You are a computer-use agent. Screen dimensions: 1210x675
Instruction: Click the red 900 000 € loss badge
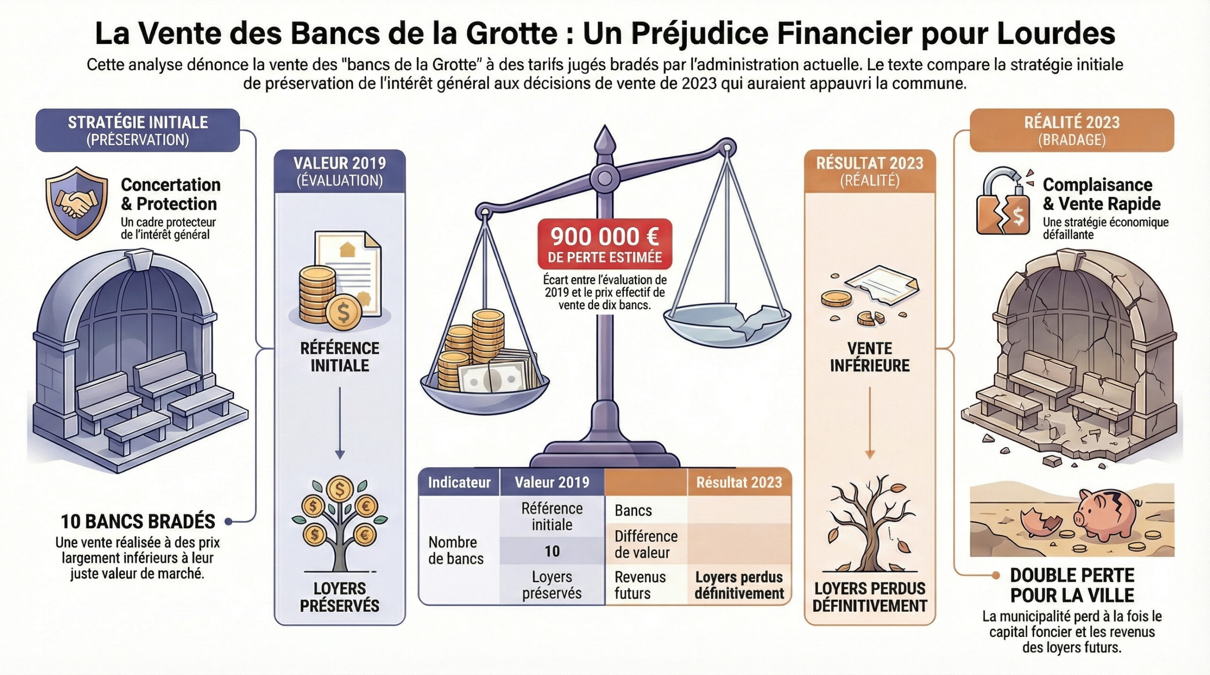click(x=605, y=244)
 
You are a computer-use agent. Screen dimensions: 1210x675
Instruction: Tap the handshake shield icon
click(x=77, y=203)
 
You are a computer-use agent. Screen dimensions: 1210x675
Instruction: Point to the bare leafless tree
click(x=869, y=524)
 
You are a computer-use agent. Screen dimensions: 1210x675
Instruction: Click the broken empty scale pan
click(x=727, y=321)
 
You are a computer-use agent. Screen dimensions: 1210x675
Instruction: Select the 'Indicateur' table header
click(x=459, y=482)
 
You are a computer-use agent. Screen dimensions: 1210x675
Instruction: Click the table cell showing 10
click(x=552, y=551)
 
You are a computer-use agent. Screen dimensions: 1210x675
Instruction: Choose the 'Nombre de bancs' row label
click(x=456, y=550)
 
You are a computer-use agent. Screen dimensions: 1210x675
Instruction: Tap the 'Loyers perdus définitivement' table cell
click(x=739, y=585)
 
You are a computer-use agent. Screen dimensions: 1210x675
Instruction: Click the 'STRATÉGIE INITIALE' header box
click(x=138, y=130)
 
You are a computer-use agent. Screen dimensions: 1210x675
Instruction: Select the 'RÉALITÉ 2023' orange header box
click(x=1072, y=130)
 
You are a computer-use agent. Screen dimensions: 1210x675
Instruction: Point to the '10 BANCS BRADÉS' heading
click(x=138, y=521)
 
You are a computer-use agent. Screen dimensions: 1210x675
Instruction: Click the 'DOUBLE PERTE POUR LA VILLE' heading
click(x=1072, y=585)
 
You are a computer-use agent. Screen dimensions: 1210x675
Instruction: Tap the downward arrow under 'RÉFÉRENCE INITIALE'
click(x=339, y=423)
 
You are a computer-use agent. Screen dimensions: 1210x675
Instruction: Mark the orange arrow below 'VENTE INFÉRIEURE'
click(x=870, y=423)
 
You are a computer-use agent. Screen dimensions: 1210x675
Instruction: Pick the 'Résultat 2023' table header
click(x=739, y=482)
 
